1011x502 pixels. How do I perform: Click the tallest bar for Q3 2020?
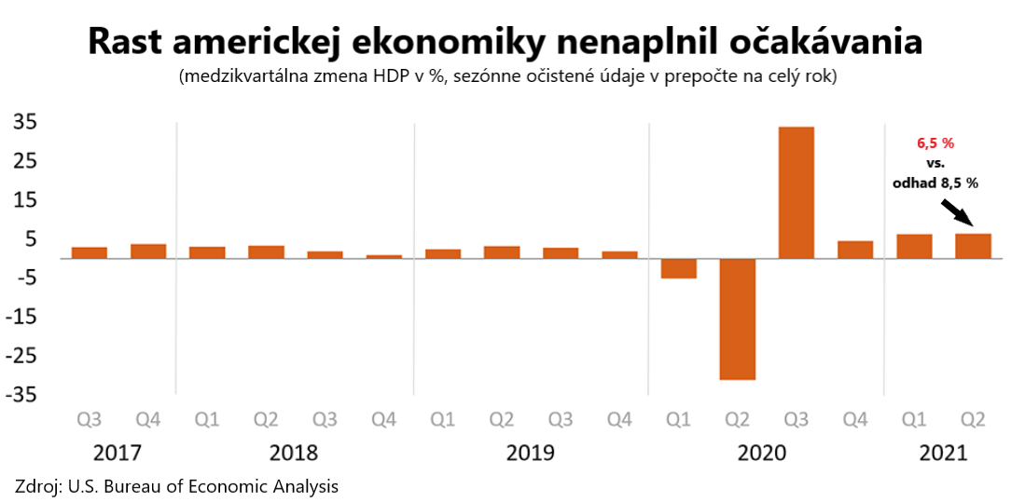tap(796, 192)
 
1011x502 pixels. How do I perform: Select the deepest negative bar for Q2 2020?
tap(737, 319)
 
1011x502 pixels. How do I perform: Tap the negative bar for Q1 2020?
tap(678, 268)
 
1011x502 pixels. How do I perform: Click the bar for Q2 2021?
tap(973, 246)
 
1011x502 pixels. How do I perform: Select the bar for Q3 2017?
tap(90, 252)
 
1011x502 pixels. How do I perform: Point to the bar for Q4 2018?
tap(383, 256)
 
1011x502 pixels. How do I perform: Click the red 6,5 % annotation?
tap(936, 143)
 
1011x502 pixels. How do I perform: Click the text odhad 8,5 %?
tap(935, 183)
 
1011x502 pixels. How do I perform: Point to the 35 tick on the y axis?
tap(25, 122)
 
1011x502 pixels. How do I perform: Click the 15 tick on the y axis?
tap(25, 200)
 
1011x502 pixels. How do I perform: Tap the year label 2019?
tap(530, 454)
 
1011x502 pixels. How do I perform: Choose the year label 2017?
tap(118, 454)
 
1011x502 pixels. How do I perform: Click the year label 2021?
tap(943, 454)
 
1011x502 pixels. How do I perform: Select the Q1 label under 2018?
tap(206, 420)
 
